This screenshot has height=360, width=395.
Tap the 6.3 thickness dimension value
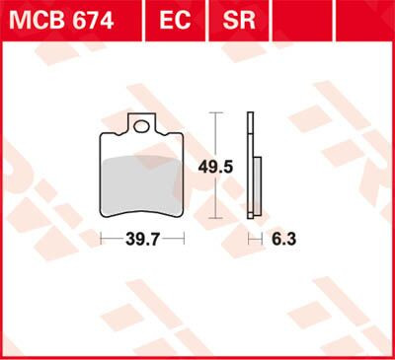pyautogui.click(x=283, y=239)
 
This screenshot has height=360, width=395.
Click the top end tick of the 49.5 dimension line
pyautogui.click(x=214, y=113)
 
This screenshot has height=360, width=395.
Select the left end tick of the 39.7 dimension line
pyautogui.click(x=102, y=239)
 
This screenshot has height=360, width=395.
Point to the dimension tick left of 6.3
pyautogui.click(x=247, y=239)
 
